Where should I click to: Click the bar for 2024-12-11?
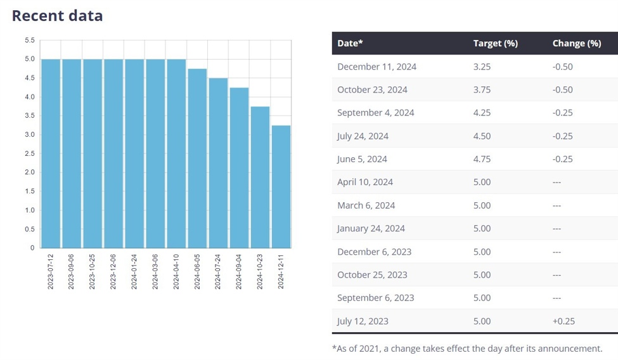(x=281, y=186)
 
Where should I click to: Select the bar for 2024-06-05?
(x=198, y=158)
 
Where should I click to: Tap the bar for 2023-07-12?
(x=51, y=153)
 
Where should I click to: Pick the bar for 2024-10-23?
(x=260, y=177)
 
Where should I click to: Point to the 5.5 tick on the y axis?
(x=30, y=41)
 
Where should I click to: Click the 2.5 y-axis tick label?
(x=30, y=153)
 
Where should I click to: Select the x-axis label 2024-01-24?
(x=134, y=271)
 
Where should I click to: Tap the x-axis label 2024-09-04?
(x=239, y=271)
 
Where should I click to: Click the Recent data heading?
(x=57, y=16)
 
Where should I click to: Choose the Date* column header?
(x=351, y=43)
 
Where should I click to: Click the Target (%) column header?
(x=495, y=43)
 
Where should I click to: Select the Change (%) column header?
(x=576, y=43)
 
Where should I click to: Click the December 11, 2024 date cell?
(x=377, y=67)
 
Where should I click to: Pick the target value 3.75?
(x=482, y=89)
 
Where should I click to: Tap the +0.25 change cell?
(x=563, y=321)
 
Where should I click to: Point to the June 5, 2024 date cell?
(x=362, y=159)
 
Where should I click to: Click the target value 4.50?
(x=482, y=136)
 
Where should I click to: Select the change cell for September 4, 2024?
(x=562, y=113)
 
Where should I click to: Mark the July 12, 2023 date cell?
(x=363, y=321)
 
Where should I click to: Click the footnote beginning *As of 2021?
(x=467, y=348)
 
